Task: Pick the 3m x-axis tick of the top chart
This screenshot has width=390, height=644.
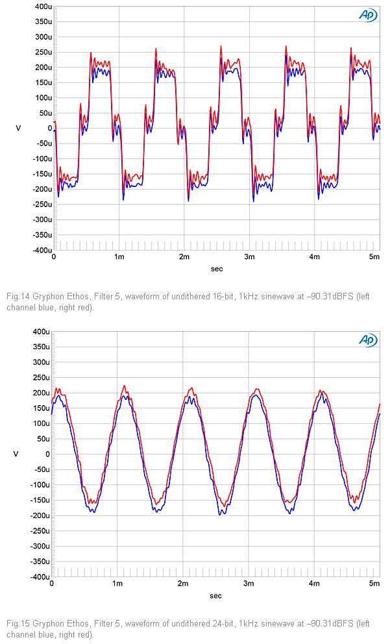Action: point(249,257)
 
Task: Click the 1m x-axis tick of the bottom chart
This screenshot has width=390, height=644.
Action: point(117,584)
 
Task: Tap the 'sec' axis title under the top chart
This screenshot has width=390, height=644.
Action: point(216,268)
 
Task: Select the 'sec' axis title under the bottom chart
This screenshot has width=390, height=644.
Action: point(216,595)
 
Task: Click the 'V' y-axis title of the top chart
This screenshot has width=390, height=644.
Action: point(18,129)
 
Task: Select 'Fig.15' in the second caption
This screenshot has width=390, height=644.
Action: point(16,624)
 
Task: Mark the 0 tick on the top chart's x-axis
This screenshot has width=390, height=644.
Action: point(54,257)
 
